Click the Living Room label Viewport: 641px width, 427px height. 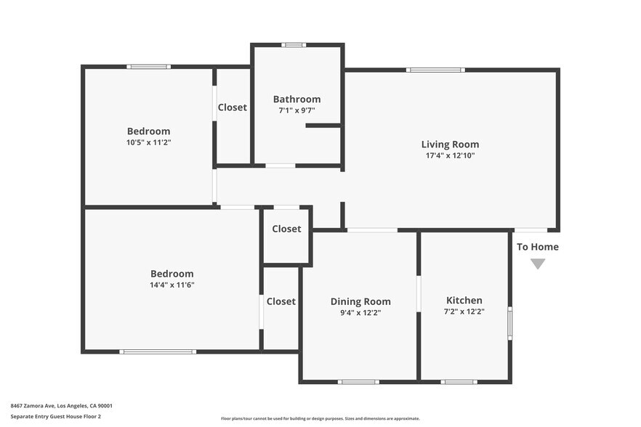(450, 145)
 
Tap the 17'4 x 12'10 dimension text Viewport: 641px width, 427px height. (450, 155)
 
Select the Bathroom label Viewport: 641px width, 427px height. (297, 99)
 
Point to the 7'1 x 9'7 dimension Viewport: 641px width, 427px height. (297, 110)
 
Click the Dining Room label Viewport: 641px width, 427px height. (360, 301)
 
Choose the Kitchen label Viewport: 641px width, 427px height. (464, 300)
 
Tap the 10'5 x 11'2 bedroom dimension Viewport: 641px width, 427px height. (148, 142)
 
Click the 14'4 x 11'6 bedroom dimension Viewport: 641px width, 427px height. (172, 285)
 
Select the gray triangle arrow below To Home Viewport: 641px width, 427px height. (538, 264)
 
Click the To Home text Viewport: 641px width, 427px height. (538, 247)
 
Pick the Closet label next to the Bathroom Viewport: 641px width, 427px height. (233, 107)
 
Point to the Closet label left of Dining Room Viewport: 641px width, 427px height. (281, 301)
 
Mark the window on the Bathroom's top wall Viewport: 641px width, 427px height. (294, 45)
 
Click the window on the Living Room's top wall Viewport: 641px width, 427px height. (435, 70)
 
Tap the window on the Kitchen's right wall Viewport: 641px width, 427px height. (509, 323)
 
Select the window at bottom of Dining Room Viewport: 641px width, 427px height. (358, 381)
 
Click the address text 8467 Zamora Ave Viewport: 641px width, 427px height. (61, 406)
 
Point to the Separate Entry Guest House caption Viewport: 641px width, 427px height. (55, 416)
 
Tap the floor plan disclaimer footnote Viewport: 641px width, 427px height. (320, 418)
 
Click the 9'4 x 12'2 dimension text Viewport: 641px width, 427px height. (360, 313)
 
